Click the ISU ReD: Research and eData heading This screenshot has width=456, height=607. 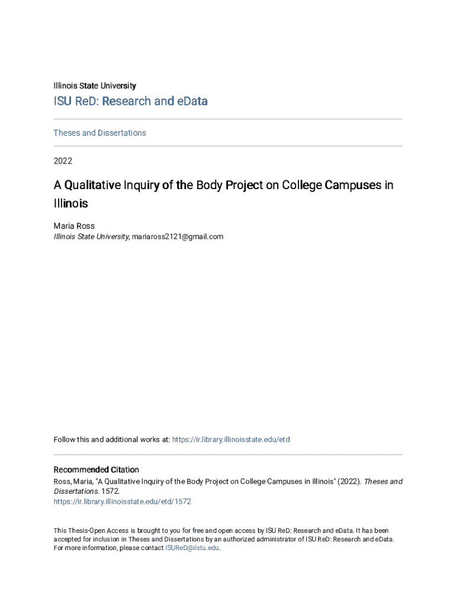(x=130, y=101)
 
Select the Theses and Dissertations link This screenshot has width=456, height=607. (x=99, y=133)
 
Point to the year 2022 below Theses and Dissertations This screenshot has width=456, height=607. (x=63, y=161)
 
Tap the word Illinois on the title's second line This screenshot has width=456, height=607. (x=70, y=203)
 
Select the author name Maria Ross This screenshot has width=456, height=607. (x=74, y=226)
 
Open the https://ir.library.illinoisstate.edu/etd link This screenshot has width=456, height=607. (x=230, y=440)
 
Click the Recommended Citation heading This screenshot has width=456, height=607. (x=96, y=469)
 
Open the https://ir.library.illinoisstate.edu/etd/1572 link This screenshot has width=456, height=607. (x=122, y=501)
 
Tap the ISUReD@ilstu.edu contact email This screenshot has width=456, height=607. (x=192, y=548)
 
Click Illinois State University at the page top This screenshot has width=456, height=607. (x=95, y=86)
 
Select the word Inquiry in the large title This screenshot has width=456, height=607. (x=141, y=185)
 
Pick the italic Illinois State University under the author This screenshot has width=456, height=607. (x=91, y=237)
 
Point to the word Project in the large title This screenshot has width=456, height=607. (x=240, y=185)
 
